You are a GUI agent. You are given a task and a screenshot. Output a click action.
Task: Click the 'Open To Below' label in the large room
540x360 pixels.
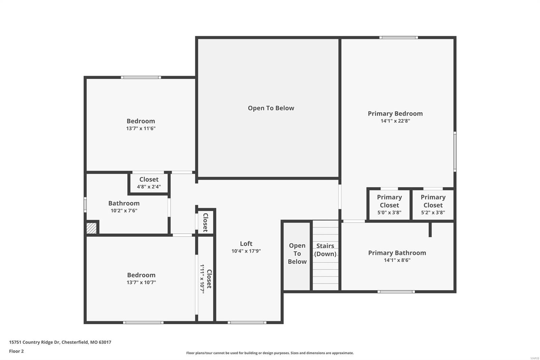tap(271, 108)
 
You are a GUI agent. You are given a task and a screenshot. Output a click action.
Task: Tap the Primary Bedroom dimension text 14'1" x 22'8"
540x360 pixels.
tap(395, 121)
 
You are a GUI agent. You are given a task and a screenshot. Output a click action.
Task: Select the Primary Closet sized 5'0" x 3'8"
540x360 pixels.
tap(389, 205)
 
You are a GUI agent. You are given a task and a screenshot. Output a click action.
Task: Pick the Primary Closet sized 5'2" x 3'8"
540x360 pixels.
tap(433, 205)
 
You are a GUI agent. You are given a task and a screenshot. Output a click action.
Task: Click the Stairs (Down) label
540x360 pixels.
tap(325, 250)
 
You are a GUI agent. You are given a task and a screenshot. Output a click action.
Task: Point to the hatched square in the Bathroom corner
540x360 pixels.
tap(91, 228)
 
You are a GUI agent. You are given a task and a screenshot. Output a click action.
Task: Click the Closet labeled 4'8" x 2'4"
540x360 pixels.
tap(149, 183)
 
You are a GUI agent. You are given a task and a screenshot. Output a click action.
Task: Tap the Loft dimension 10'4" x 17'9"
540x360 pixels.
tap(246, 251)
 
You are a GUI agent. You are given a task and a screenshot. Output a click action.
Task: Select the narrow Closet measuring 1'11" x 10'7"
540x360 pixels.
tap(206, 279)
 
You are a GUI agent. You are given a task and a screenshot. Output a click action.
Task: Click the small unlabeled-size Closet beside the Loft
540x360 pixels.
tap(205, 222)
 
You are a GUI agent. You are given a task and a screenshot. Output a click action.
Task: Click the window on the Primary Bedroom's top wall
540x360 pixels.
tap(398, 37)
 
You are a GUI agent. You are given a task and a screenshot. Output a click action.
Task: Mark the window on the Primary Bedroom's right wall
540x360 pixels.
tap(455, 152)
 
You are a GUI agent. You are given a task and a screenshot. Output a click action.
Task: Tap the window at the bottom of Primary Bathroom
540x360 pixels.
tap(396, 291)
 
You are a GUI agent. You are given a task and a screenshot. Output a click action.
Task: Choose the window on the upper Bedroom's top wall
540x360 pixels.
tap(141, 77)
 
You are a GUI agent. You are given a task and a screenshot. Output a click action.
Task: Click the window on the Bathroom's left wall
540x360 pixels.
tap(85, 205)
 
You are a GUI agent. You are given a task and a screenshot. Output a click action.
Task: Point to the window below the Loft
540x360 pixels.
tap(247, 323)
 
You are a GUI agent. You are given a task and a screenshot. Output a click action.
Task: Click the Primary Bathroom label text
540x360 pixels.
tap(397, 253)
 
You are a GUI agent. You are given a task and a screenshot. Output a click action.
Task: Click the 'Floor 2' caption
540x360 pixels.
tap(16, 351)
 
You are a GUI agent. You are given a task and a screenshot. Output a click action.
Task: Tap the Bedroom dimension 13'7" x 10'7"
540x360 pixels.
tap(141, 282)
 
